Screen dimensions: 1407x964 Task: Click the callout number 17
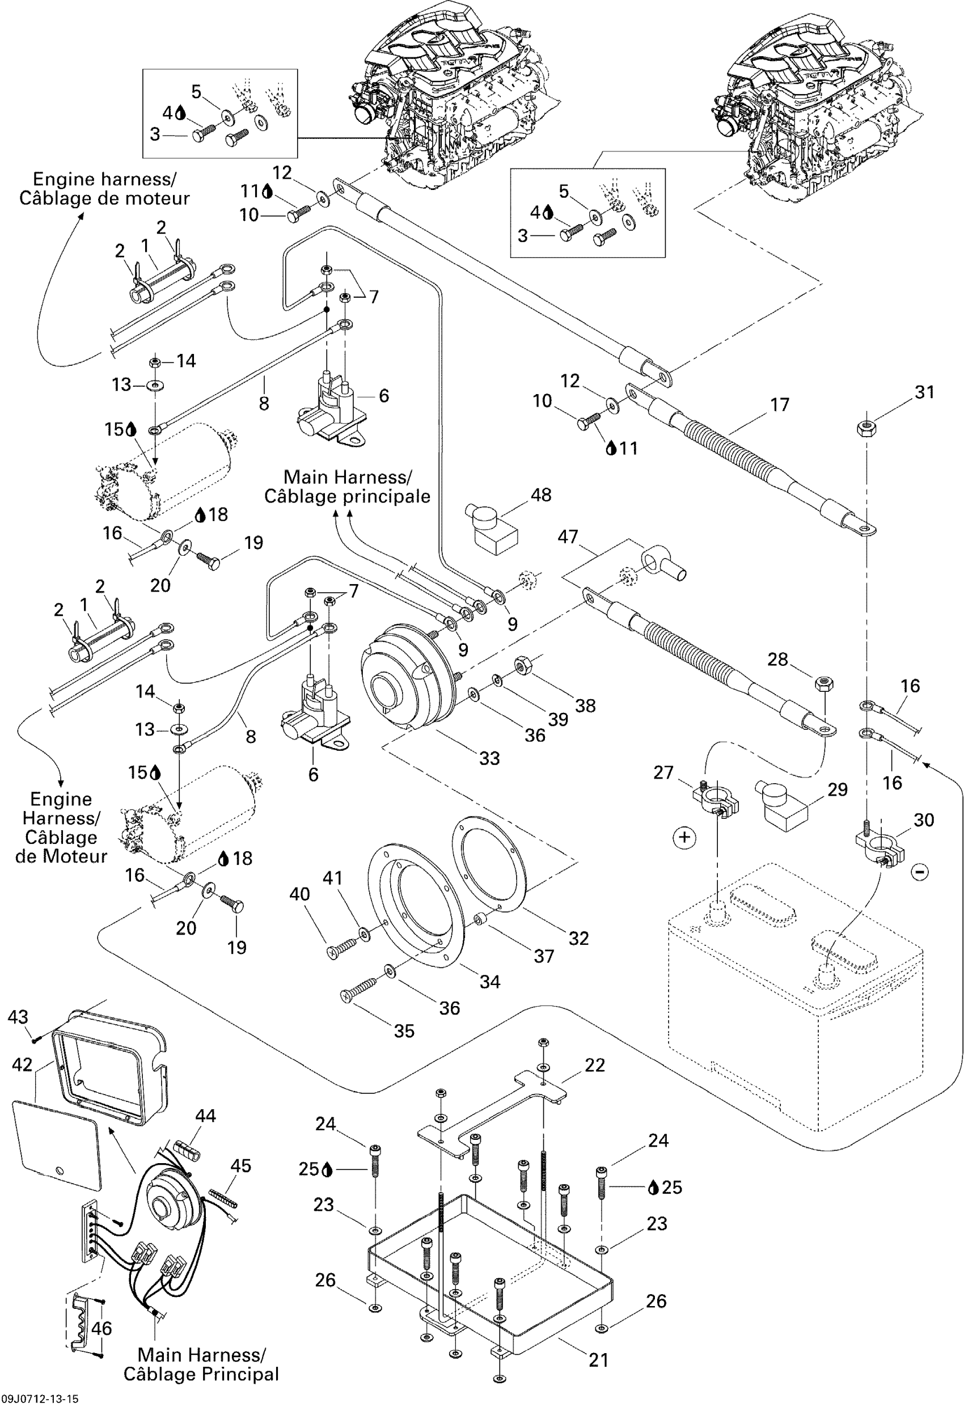[779, 404]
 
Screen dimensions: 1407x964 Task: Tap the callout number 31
[924, 392]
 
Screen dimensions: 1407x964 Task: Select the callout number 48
[541, 495]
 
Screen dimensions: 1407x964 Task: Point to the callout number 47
[568, 536]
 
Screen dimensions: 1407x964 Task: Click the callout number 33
[489, 758]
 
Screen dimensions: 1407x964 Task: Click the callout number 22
[595, 1065]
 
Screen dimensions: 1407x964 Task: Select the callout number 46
[101, 1328]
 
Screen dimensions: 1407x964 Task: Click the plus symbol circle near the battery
[685, 837]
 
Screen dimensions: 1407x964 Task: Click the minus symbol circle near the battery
[920, 872]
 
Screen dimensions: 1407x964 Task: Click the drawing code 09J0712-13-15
[39, 1398]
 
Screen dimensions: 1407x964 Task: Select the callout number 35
[404, 1031]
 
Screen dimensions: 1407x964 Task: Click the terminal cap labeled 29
[780, 804]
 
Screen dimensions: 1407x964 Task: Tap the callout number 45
[240, 1165]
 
